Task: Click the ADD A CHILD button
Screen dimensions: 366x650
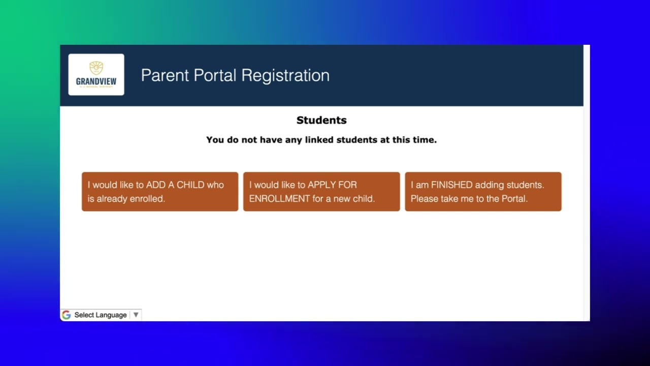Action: click(159, 192)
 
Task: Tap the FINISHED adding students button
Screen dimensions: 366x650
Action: click(483, 192)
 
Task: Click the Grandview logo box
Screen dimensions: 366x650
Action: click(96, 75)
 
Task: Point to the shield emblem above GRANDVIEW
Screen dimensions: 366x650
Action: click(96, 68)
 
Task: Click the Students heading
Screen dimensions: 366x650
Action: click(321, 120)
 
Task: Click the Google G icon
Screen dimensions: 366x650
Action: click(67, 315)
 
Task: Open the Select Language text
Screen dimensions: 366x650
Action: click(101, 315)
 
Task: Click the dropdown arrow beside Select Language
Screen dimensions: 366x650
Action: click(136, 315)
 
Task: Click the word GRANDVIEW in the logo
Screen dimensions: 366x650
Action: click(96, 81)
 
